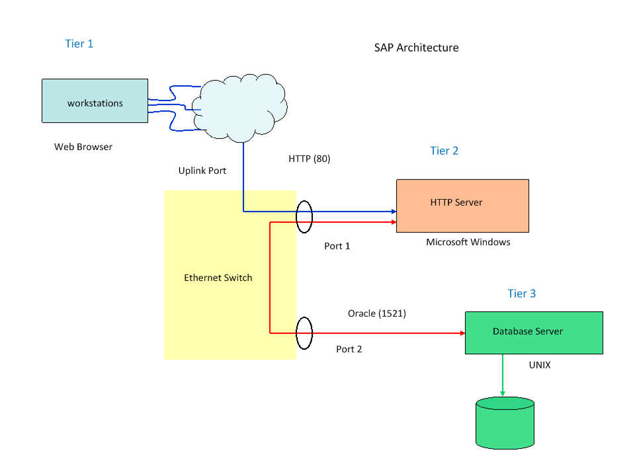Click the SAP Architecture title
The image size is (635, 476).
tap(416, 48)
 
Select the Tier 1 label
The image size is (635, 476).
tap(79, 44)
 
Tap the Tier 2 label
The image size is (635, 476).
tap(444, 151)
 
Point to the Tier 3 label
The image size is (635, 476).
tap(521, 294)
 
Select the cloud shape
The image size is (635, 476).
tap(241, 106)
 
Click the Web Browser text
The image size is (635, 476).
tap(83, 147)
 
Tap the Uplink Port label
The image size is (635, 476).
tap(202, 171)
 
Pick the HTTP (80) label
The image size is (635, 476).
tap(309, 159)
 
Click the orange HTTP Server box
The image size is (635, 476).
tap(462, 206)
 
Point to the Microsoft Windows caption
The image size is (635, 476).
tap(468, 242)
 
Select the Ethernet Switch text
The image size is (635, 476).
tap(218, 278)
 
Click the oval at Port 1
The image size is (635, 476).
tap(304, 217)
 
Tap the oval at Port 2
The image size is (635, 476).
tap(304, 333)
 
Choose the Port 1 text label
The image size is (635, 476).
tap(337, 246)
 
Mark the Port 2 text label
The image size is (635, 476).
tap(349, 349)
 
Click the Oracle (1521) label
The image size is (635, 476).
tap(377, 313)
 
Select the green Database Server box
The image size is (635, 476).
tap(534, 333)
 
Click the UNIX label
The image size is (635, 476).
tap(540, 364)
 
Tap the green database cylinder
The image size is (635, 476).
tap(505, 423)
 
